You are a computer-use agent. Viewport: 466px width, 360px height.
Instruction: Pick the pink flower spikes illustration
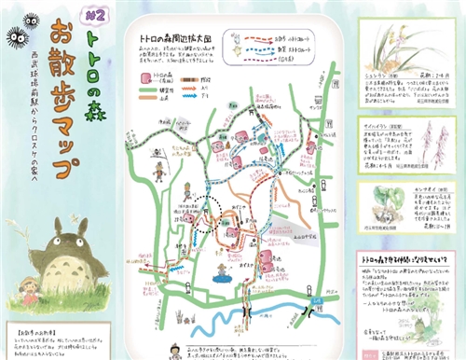[x=432, y=141]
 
